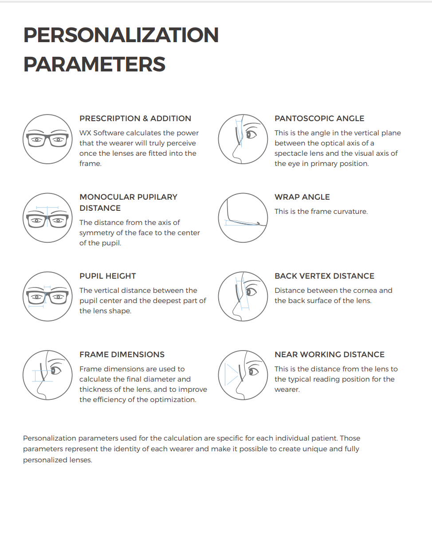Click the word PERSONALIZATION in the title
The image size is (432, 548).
coord(121,35)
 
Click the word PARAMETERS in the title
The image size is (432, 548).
coord(94,64)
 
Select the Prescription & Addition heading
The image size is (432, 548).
coord(135,118)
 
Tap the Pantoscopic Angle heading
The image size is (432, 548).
coord(319,118)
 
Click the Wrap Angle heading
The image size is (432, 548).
coord(302,197)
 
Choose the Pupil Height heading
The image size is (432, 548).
coord(108,276)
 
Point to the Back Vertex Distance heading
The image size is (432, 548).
coord(324,276)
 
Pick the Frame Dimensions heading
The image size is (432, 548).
coord(122,355)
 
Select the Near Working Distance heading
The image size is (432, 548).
coord(330,355)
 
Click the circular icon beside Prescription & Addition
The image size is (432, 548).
coord(47,139)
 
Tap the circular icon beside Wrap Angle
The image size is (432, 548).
coord(243,218)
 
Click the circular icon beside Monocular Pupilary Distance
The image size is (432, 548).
coord(47,218)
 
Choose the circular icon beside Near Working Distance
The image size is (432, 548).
coord(243,375)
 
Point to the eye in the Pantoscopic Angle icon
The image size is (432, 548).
coord(251,134)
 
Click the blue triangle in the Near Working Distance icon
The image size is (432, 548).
coord(231,375)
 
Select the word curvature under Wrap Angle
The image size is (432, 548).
coord(350,212)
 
